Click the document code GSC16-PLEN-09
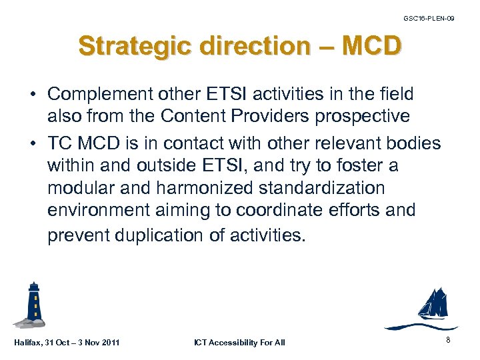tap(429, 18)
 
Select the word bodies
tap(417, 143)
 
